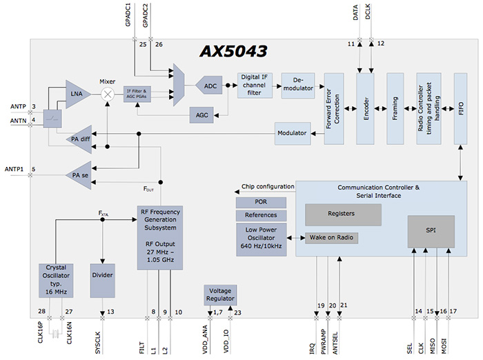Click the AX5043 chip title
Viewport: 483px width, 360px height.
point(234,52)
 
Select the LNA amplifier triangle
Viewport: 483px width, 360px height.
point(77,94)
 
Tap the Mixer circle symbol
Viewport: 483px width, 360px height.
point(107,94)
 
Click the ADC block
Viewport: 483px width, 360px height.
point(210,86)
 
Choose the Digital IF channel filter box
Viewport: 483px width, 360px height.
point(255,86)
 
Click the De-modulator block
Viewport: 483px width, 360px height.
point(298,86)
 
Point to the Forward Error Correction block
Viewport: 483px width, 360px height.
point(334,108)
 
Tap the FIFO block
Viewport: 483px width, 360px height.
point(461,108)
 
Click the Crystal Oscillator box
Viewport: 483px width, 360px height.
point(57,279)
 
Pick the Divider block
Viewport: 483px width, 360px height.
point(102,275)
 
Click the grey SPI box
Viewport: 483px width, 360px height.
point(430,230)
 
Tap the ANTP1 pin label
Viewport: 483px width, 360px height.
point(14,169)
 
